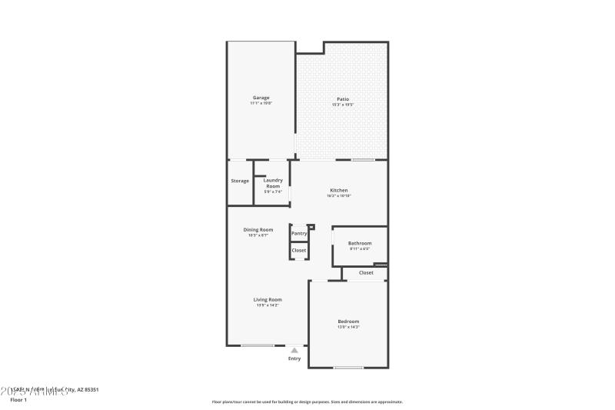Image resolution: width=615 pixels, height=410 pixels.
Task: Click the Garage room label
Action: pyautogui.click(x=261, y=98)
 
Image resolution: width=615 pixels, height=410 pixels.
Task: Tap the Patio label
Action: pyautogui.click(x=343, y=98)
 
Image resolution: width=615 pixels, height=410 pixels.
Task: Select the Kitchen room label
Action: pyautogui.click(x=339, y=190)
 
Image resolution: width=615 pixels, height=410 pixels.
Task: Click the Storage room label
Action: pyautogui.click(x=240, y=181)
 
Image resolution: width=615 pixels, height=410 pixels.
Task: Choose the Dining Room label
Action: pyautogui.click(x=258, y=230)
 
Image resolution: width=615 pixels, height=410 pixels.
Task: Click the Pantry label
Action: pyautogui.click(x=299, y=233)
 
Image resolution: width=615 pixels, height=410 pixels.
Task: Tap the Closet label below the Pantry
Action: pyautogui.click(x=299, y=250)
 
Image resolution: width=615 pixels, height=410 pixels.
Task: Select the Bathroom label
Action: pyautogui.click(x=360, y=243)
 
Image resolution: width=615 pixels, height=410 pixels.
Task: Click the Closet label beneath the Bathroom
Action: pyautogui.click(x=366, y=272)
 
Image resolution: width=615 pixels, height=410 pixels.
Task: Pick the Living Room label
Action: pyautogui.click(x=268, y=299)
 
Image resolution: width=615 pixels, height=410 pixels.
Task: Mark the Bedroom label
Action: pyautogui.click(x=348, y=322)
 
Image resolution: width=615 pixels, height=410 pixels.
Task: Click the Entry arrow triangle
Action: pyautogui.click(x=294, y=350)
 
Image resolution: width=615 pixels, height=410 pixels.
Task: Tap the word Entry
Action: pyautogui.click(x=294, y=358)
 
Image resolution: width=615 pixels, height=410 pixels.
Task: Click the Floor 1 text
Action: pyautogui.click(x=18, y=400)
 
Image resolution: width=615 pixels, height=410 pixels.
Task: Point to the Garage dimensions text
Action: pyautogui.click(x=261, y=103)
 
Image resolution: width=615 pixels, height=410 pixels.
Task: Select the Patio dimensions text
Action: pyautogui.click(x=343, y=104)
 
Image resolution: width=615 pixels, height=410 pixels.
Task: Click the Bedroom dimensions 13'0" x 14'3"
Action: pyautogui.click(x=348, y=328)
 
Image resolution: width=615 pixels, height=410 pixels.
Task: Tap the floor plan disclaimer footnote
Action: pyautogui.click(x=307, y=402)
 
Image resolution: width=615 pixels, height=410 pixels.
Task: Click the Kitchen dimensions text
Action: pyautogui.click(x=339, y=196)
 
